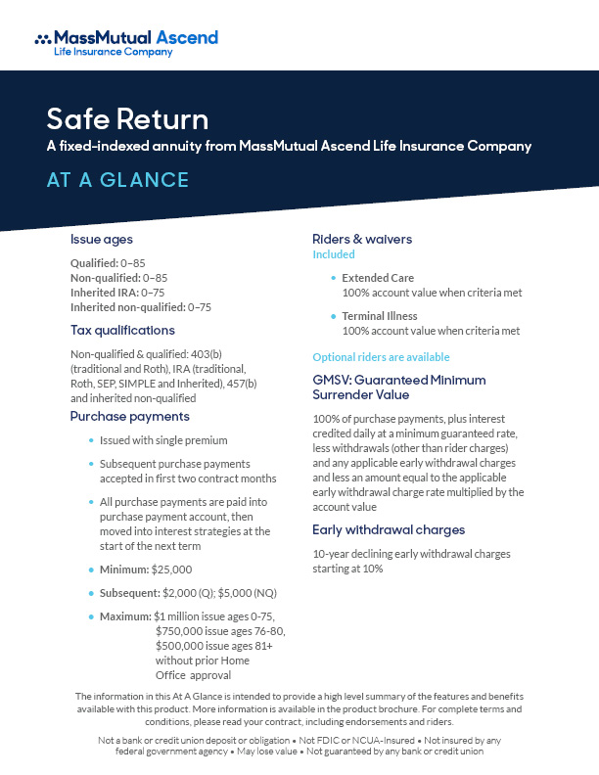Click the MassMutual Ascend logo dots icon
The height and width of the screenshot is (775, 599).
(x=43, y=39)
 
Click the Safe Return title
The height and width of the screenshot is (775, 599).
(x=127, y=120)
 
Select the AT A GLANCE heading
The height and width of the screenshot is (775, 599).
(x=117, y=180)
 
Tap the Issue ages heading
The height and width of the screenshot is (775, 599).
(x=102, y=239)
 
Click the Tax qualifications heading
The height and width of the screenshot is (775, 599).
(x=122, y=330)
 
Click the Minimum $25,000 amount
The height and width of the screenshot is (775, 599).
(x=172, y=569)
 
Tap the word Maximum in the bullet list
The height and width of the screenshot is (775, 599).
(x=125, y=616)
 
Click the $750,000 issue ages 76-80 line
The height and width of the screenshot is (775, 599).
(x=220, y=631)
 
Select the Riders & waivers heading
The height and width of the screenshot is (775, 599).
(x=361, y=239)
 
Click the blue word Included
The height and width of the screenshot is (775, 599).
(x=333, y=254)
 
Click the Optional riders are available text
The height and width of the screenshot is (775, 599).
(x=381, y=356)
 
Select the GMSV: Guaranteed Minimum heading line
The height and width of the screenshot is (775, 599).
(x=398, y=380)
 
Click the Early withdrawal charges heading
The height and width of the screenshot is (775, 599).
(x=389, y=529)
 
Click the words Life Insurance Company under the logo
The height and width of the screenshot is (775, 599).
(x=113, y=52)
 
